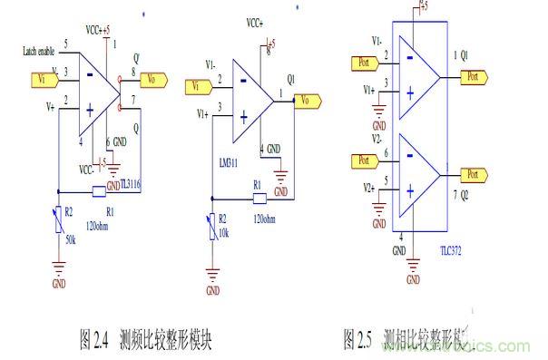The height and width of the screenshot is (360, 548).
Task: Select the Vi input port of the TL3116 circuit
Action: [x=43, y=79]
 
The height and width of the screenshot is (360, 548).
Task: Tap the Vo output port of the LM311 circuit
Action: [x=308, y=99]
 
